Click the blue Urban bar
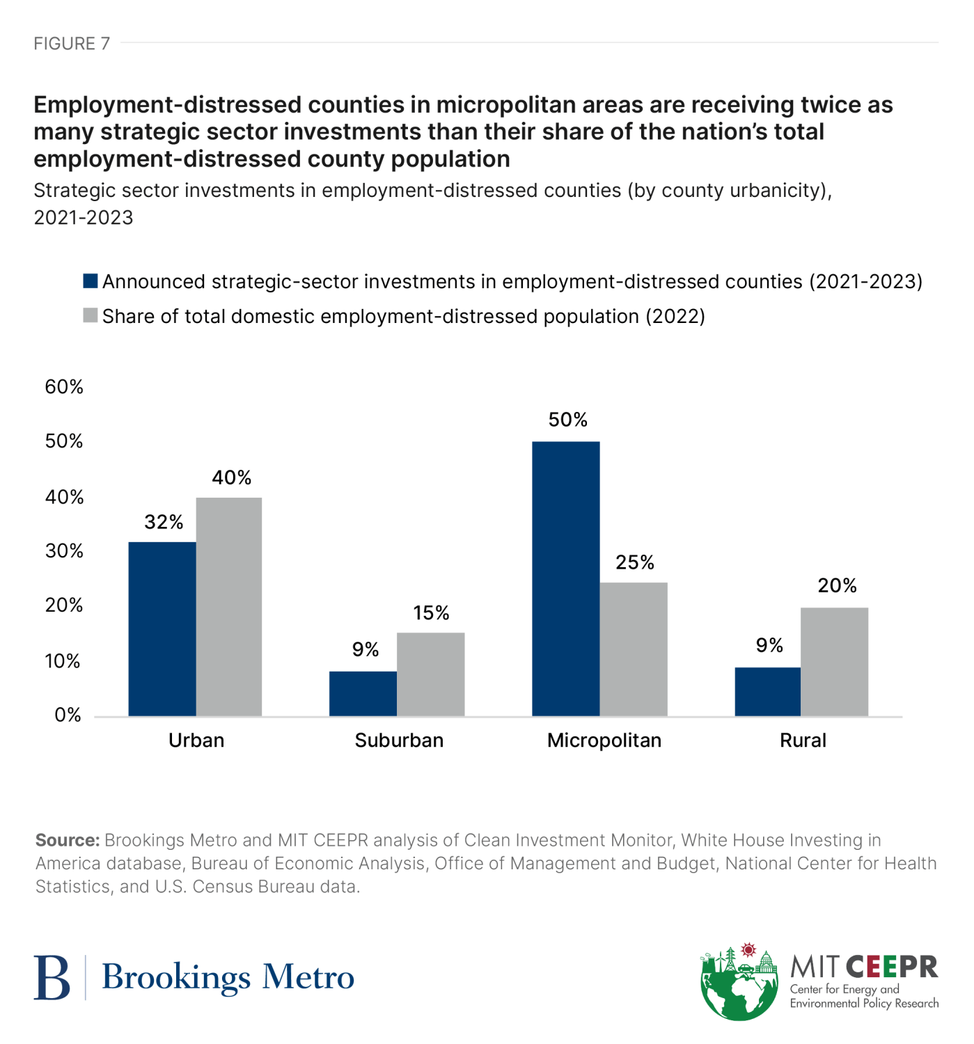[162, 628]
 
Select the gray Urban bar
[229, 606]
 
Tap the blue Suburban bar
[363, 693]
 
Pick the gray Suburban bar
[430, 674]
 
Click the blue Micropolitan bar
[565, 578]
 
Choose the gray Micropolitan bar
[634, 649]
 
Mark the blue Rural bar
[767, 691]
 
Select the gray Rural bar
[834, 661]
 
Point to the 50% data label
[567, 420]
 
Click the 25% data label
[634, 562]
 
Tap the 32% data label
[164, 522]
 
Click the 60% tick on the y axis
[64, 387]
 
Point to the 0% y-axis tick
[68, 715]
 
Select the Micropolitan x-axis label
[604, 740]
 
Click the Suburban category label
[399, 740]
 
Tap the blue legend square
[91, 281]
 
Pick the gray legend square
[91, 316]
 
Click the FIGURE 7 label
[72, 44]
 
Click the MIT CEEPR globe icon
[739, 983]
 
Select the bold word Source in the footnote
[67, 840]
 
